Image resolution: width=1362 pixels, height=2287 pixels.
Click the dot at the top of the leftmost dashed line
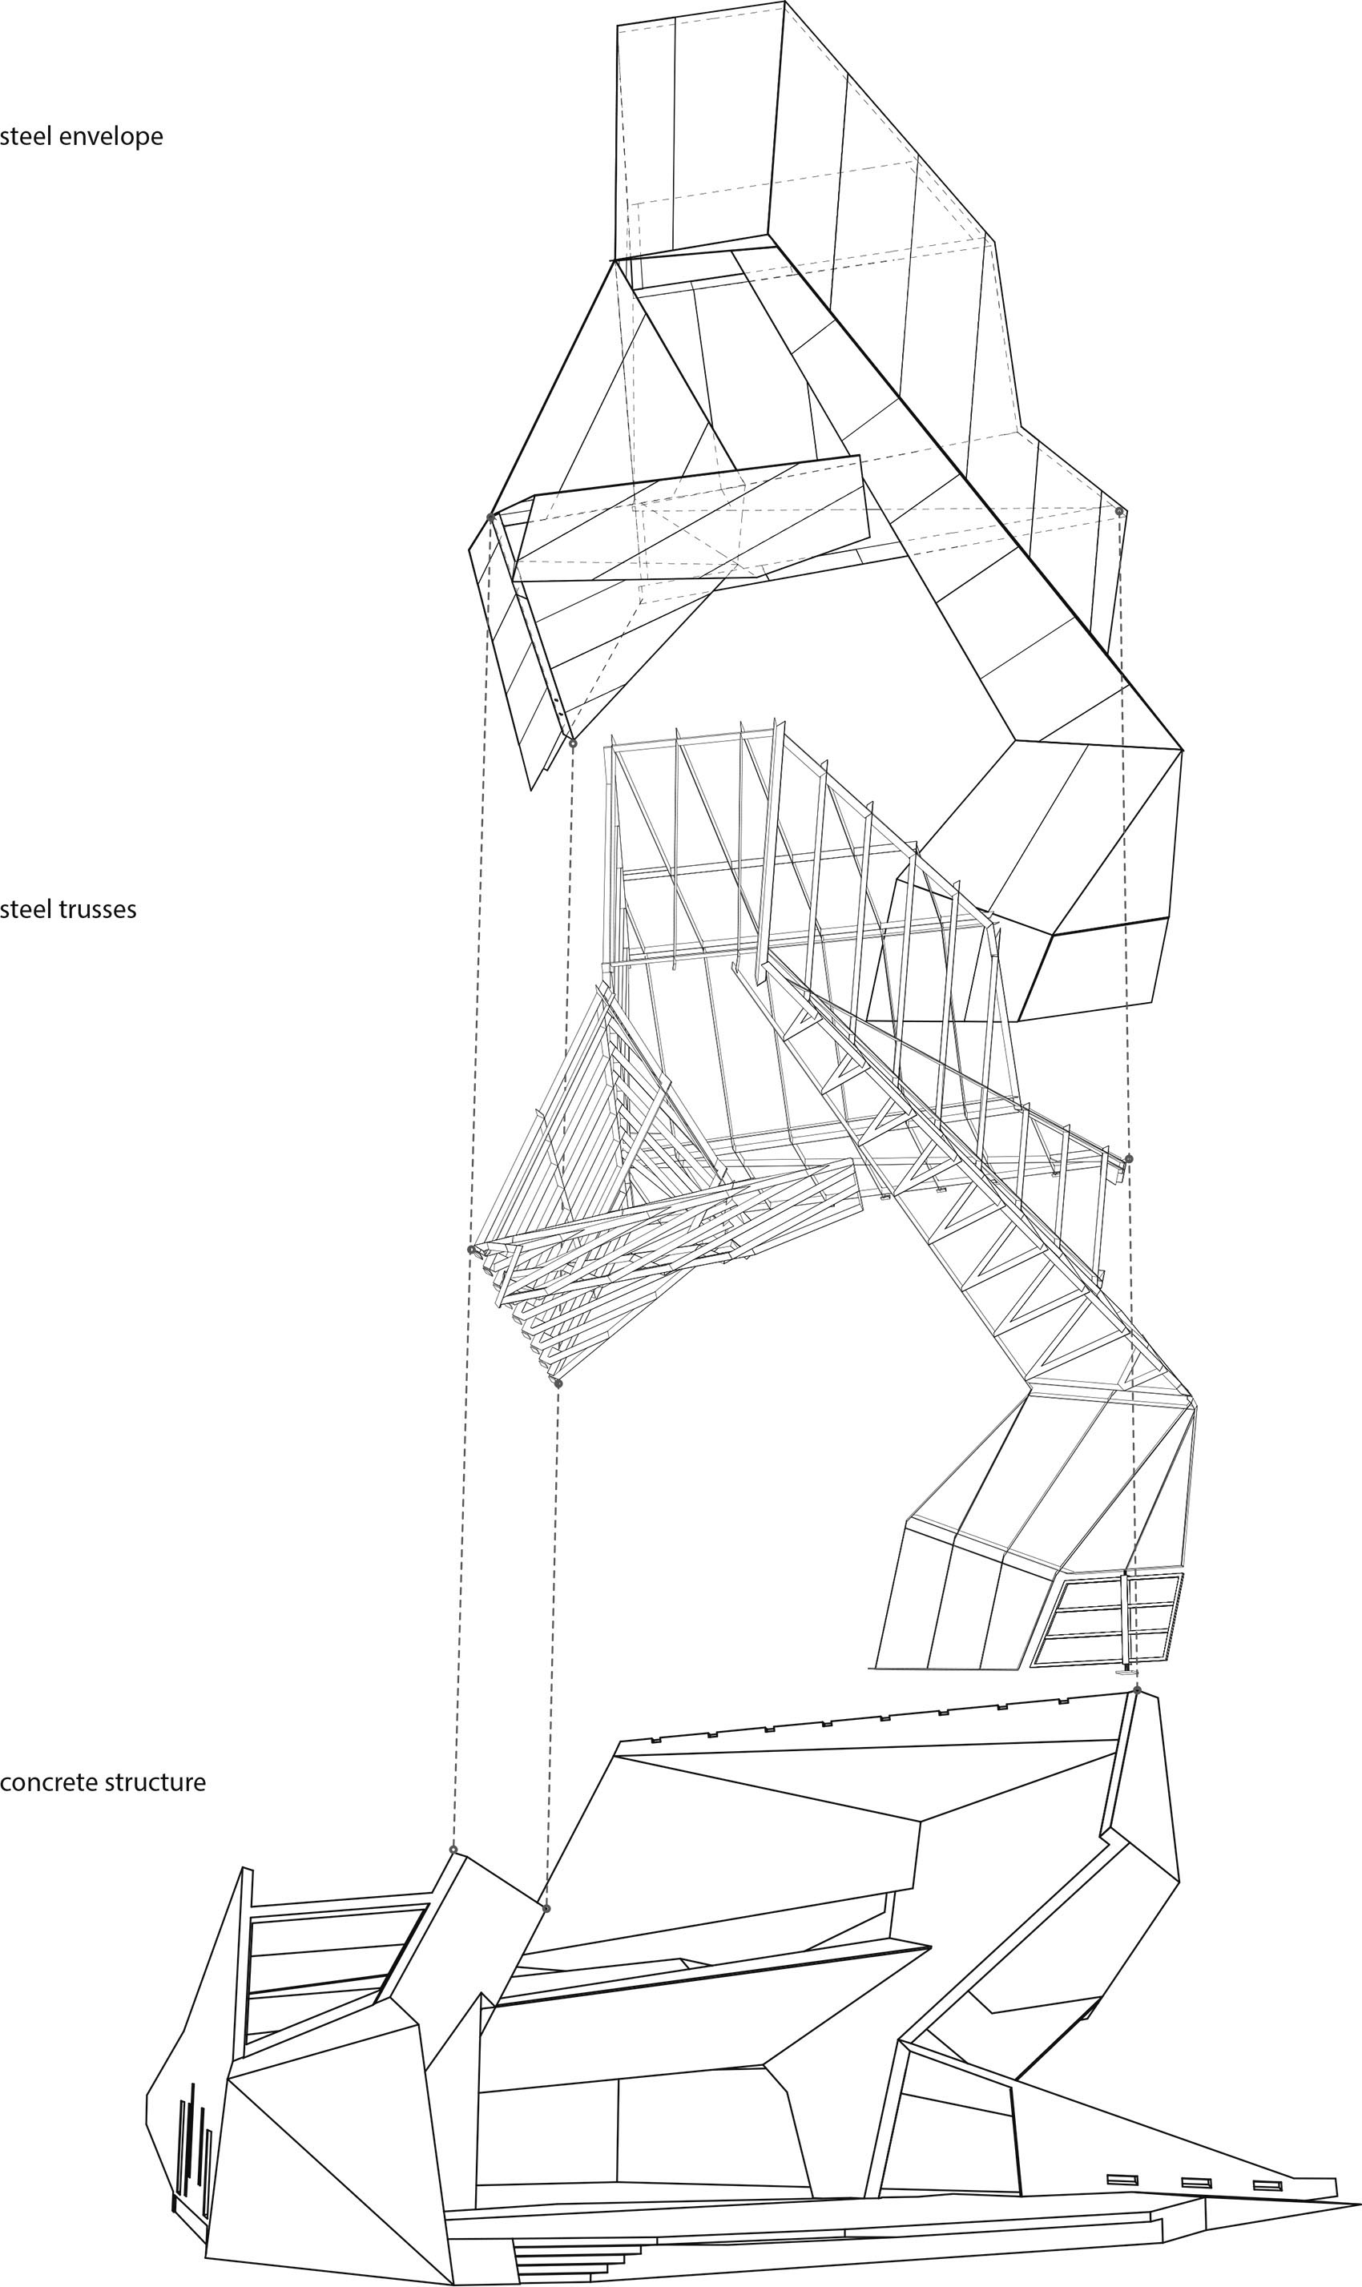click(x=490, y=517)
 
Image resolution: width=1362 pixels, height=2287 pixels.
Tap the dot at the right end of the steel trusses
click(x=1129, y=1158)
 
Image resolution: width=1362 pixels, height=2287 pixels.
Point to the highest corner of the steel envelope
click(x=786, y=2)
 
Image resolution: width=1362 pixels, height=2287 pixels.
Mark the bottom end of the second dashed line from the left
click(x=547, y=1909)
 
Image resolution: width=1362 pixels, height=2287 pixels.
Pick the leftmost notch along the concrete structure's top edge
click(x=655, y=1738)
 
